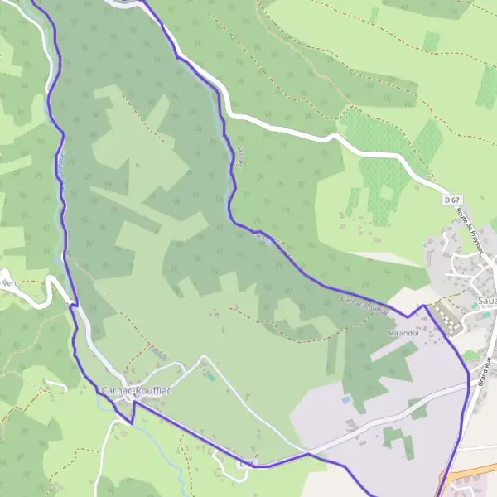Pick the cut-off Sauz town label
[x=487, y=299]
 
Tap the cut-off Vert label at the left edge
[x=9, y=282]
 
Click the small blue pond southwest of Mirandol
[x=345, y=399]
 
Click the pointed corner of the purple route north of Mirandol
[x=426, y=306]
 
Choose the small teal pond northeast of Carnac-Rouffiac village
[x=210, y=377]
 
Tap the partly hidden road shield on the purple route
[x=247, y=464]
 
